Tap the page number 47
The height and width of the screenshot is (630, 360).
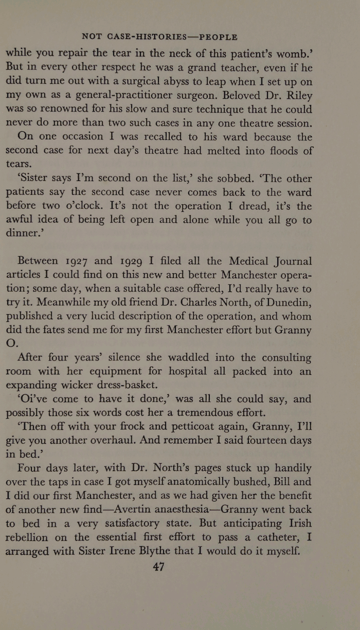[158, 567]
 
